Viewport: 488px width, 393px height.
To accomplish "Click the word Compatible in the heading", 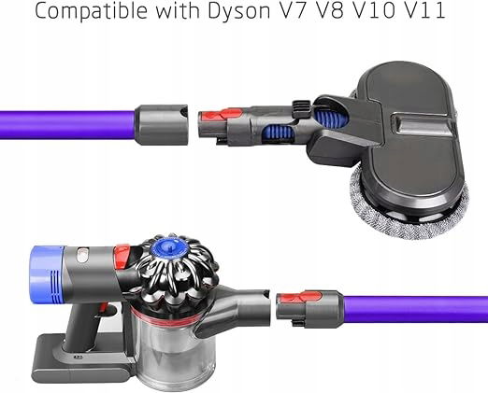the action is tap(91, 10).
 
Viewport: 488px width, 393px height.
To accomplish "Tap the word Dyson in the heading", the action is tap(239, 10).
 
